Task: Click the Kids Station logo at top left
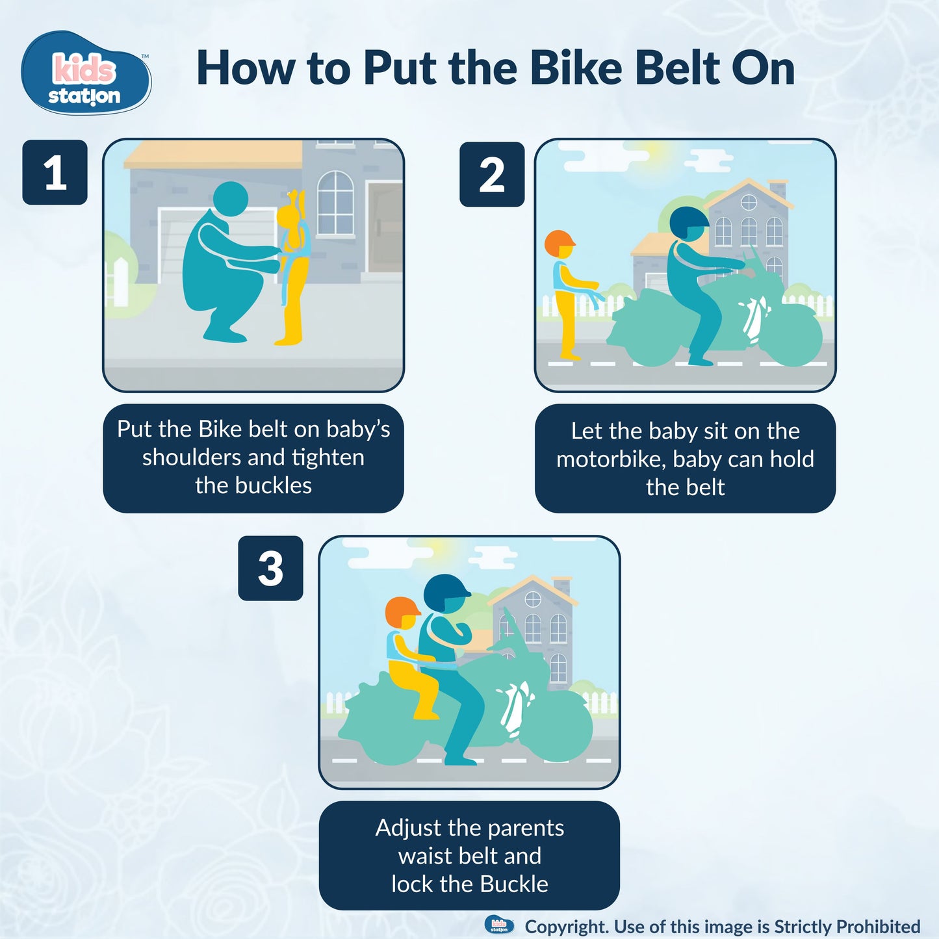(x=86, y=73)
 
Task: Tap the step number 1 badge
(x=55, y=173)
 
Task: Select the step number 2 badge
(x=492, y=175)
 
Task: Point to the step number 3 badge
(x=270, y=569)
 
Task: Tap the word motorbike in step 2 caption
(x=610, y=459)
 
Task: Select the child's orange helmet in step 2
(x=559, y=242)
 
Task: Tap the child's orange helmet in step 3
(x=402, y=612)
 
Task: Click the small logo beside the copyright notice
(x=499, y=925)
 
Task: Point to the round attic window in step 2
(x=749, y=202)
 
